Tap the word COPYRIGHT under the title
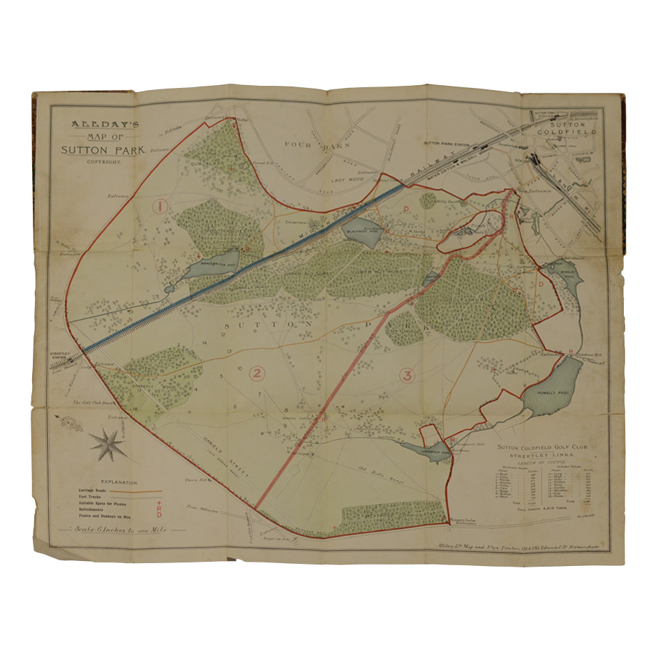(104, 161)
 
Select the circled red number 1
(160, 206)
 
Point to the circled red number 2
(257, 373)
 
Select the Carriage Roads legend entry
(94, 491)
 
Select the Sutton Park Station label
(446, 142)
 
